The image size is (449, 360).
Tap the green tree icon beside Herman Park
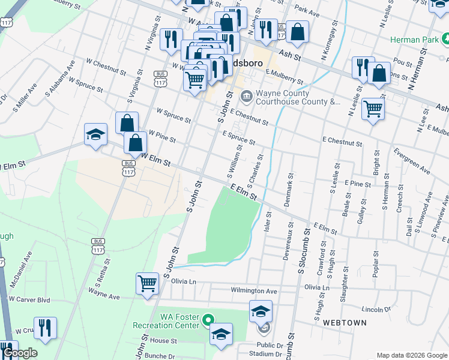tap(447, 39)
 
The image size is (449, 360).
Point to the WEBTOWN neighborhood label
tap(345, 323)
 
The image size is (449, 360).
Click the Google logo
tap(20, 353)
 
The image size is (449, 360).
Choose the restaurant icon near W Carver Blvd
tap(45, 327)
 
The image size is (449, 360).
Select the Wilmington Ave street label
tap(254, 291)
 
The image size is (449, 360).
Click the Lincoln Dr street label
tap(377, 310)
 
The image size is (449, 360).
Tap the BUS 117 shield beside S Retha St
tap(98, 245)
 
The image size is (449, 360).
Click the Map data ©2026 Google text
tap(412, 355)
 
